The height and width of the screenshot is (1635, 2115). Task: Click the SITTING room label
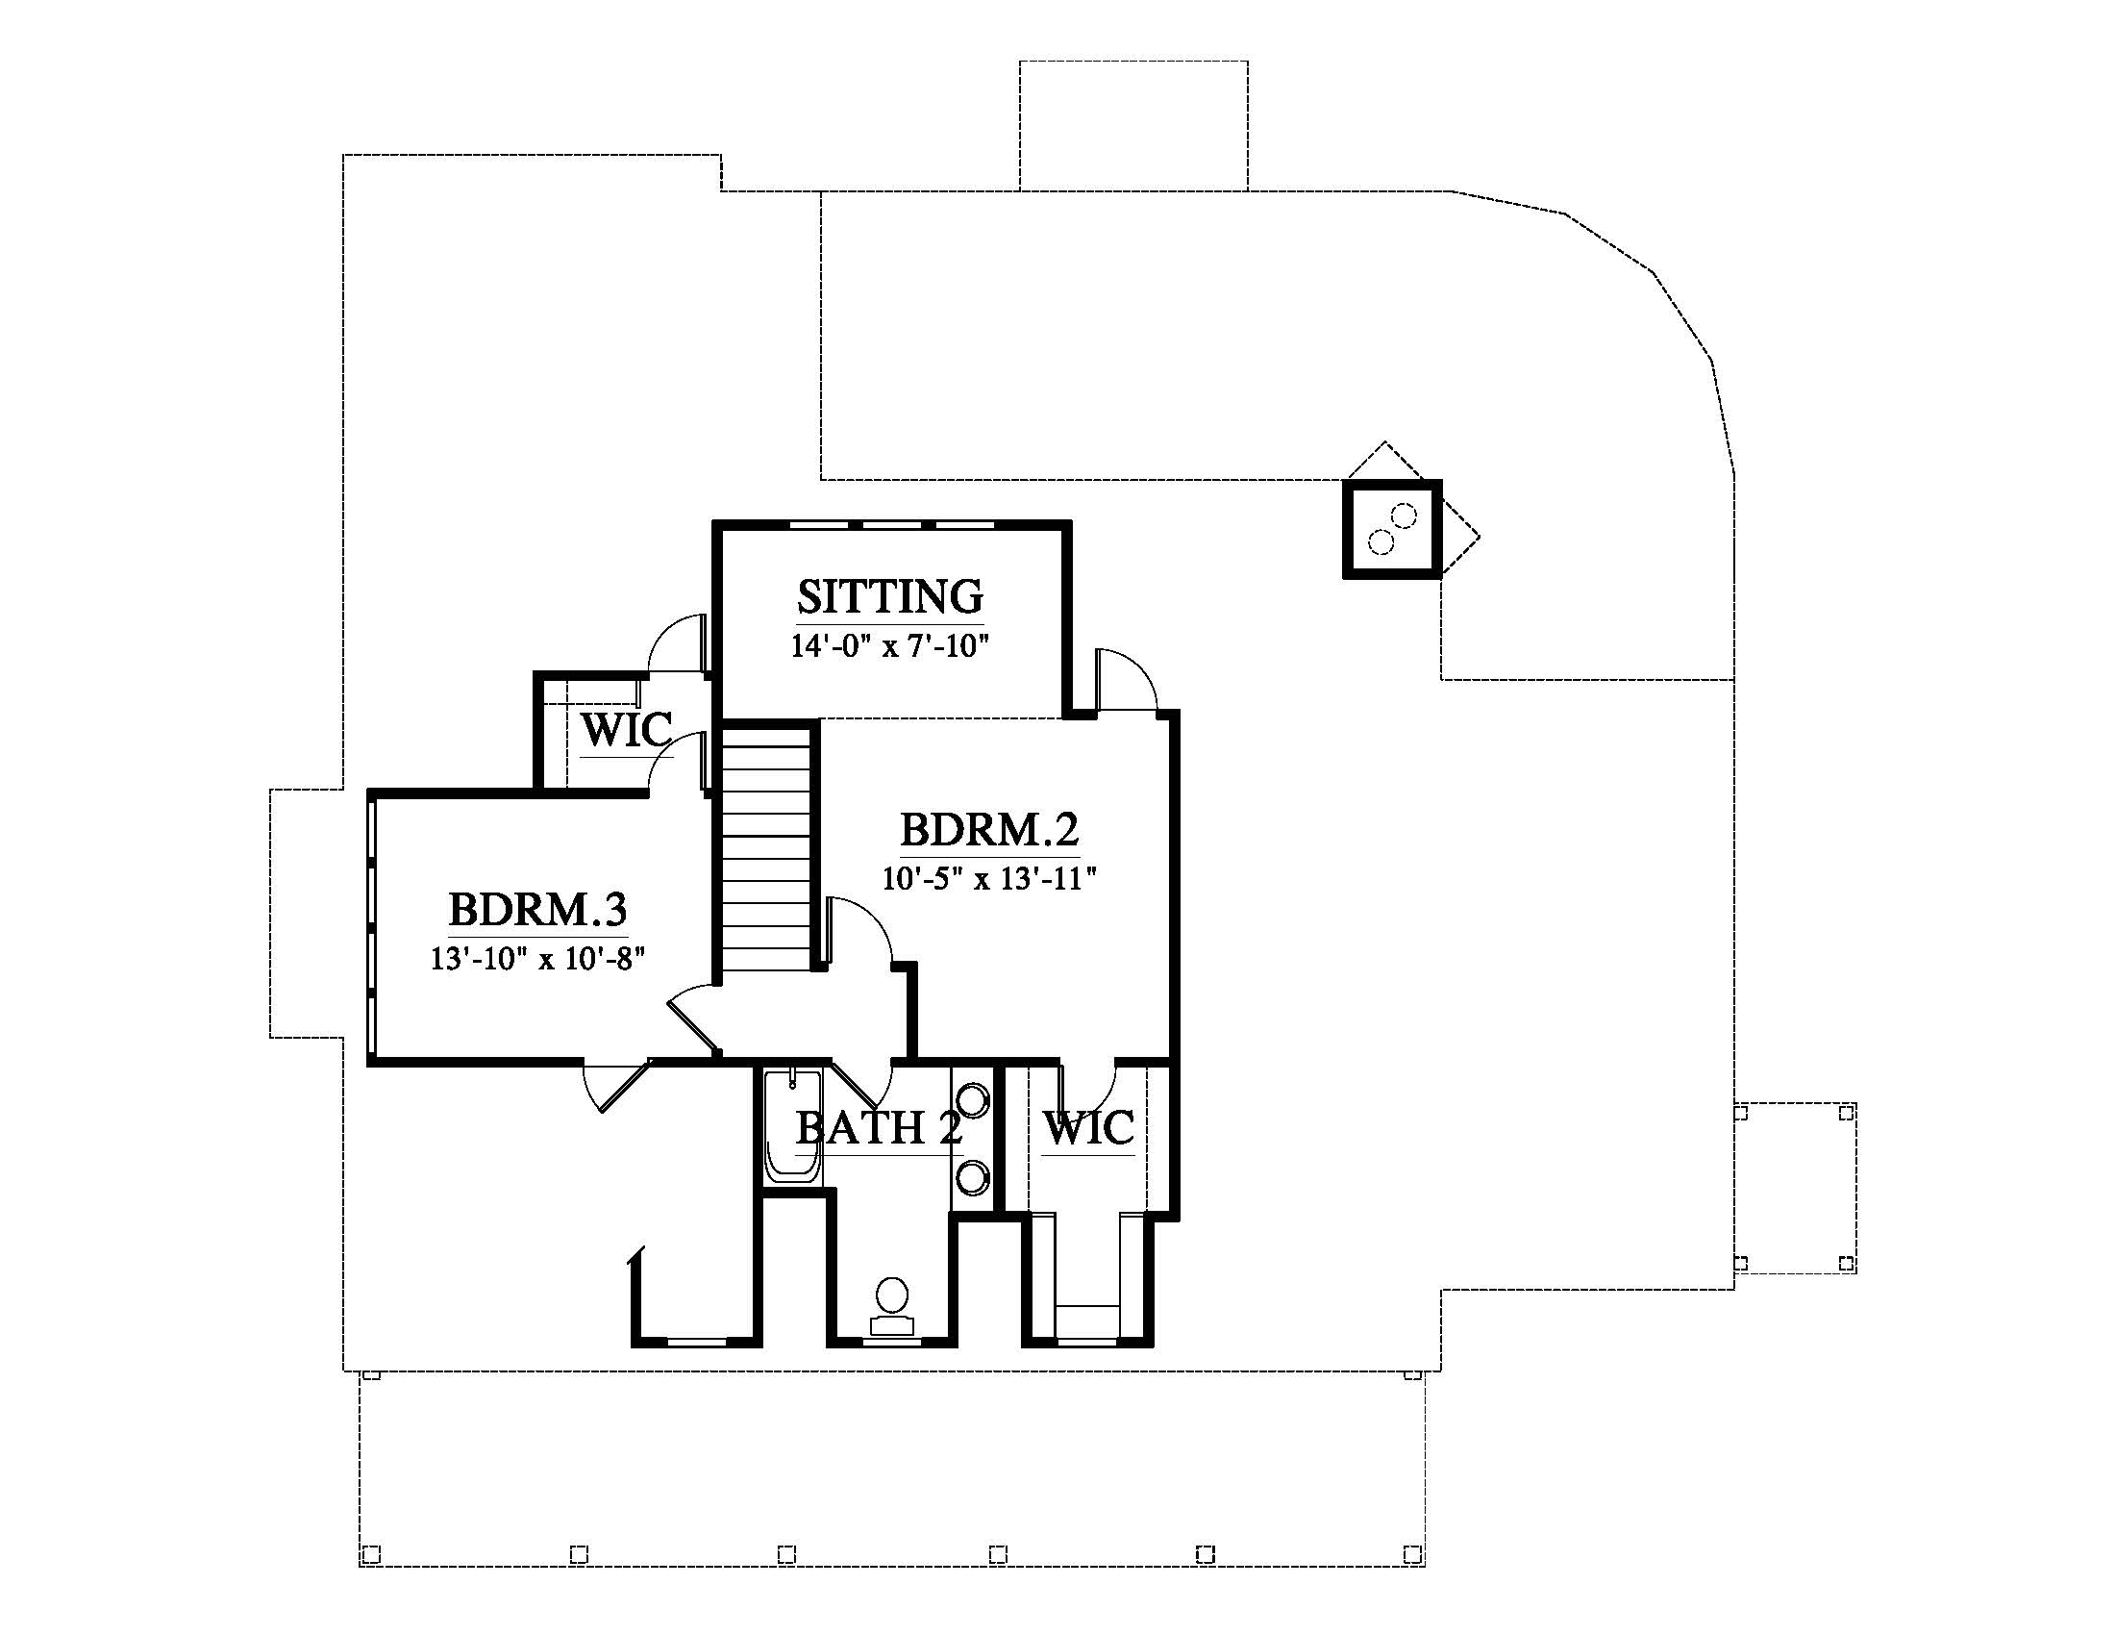coord(890,596)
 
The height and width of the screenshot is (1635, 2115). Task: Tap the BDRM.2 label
coord(989,830)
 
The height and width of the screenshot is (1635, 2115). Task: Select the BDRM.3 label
coord(537,910)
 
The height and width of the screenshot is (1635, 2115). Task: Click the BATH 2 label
coord(879,1128)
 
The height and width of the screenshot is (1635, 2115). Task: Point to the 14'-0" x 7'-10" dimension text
coord(890,646)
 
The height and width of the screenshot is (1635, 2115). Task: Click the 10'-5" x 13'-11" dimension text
coord(988,878)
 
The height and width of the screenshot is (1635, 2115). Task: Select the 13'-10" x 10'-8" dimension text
coord(537,958)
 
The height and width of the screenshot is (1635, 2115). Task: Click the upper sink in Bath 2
coord(973,1100)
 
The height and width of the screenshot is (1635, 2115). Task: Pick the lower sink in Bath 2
coord(973,1176)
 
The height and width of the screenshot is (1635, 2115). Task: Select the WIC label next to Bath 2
coord(1088,1128)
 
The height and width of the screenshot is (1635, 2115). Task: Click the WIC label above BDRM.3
coord(627,729)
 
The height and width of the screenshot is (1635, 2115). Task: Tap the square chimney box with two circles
coord(1393,529)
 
